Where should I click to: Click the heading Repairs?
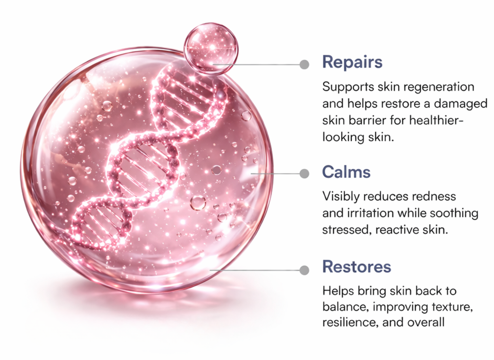352,62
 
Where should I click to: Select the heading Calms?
346,172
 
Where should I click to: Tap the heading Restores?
357,267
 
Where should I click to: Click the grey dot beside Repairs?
304,65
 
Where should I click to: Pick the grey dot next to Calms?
304,174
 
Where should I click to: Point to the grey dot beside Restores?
304,270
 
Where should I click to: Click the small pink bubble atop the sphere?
211,48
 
